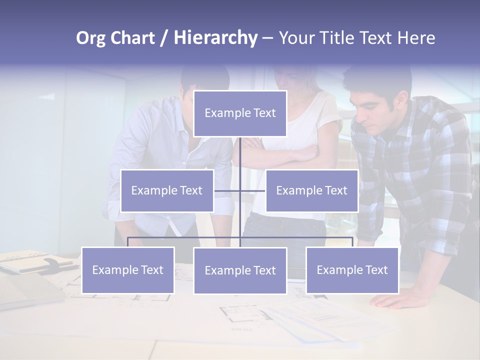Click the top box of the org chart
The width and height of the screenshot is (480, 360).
tap(240, 113)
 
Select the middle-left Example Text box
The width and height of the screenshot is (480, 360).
tap(167, 190)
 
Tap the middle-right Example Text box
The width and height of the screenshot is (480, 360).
tap(311, 190)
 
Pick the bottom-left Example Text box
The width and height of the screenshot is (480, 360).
tap(128, 270)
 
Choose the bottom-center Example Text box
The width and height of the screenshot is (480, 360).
tap(240, 270)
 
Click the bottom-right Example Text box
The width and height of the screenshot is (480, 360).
tap(352, 270)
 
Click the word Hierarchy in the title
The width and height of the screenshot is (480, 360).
tap(215, 38)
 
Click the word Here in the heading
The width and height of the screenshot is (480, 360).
tap(416, 38)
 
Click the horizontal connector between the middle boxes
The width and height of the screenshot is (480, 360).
tap(240, 190)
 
